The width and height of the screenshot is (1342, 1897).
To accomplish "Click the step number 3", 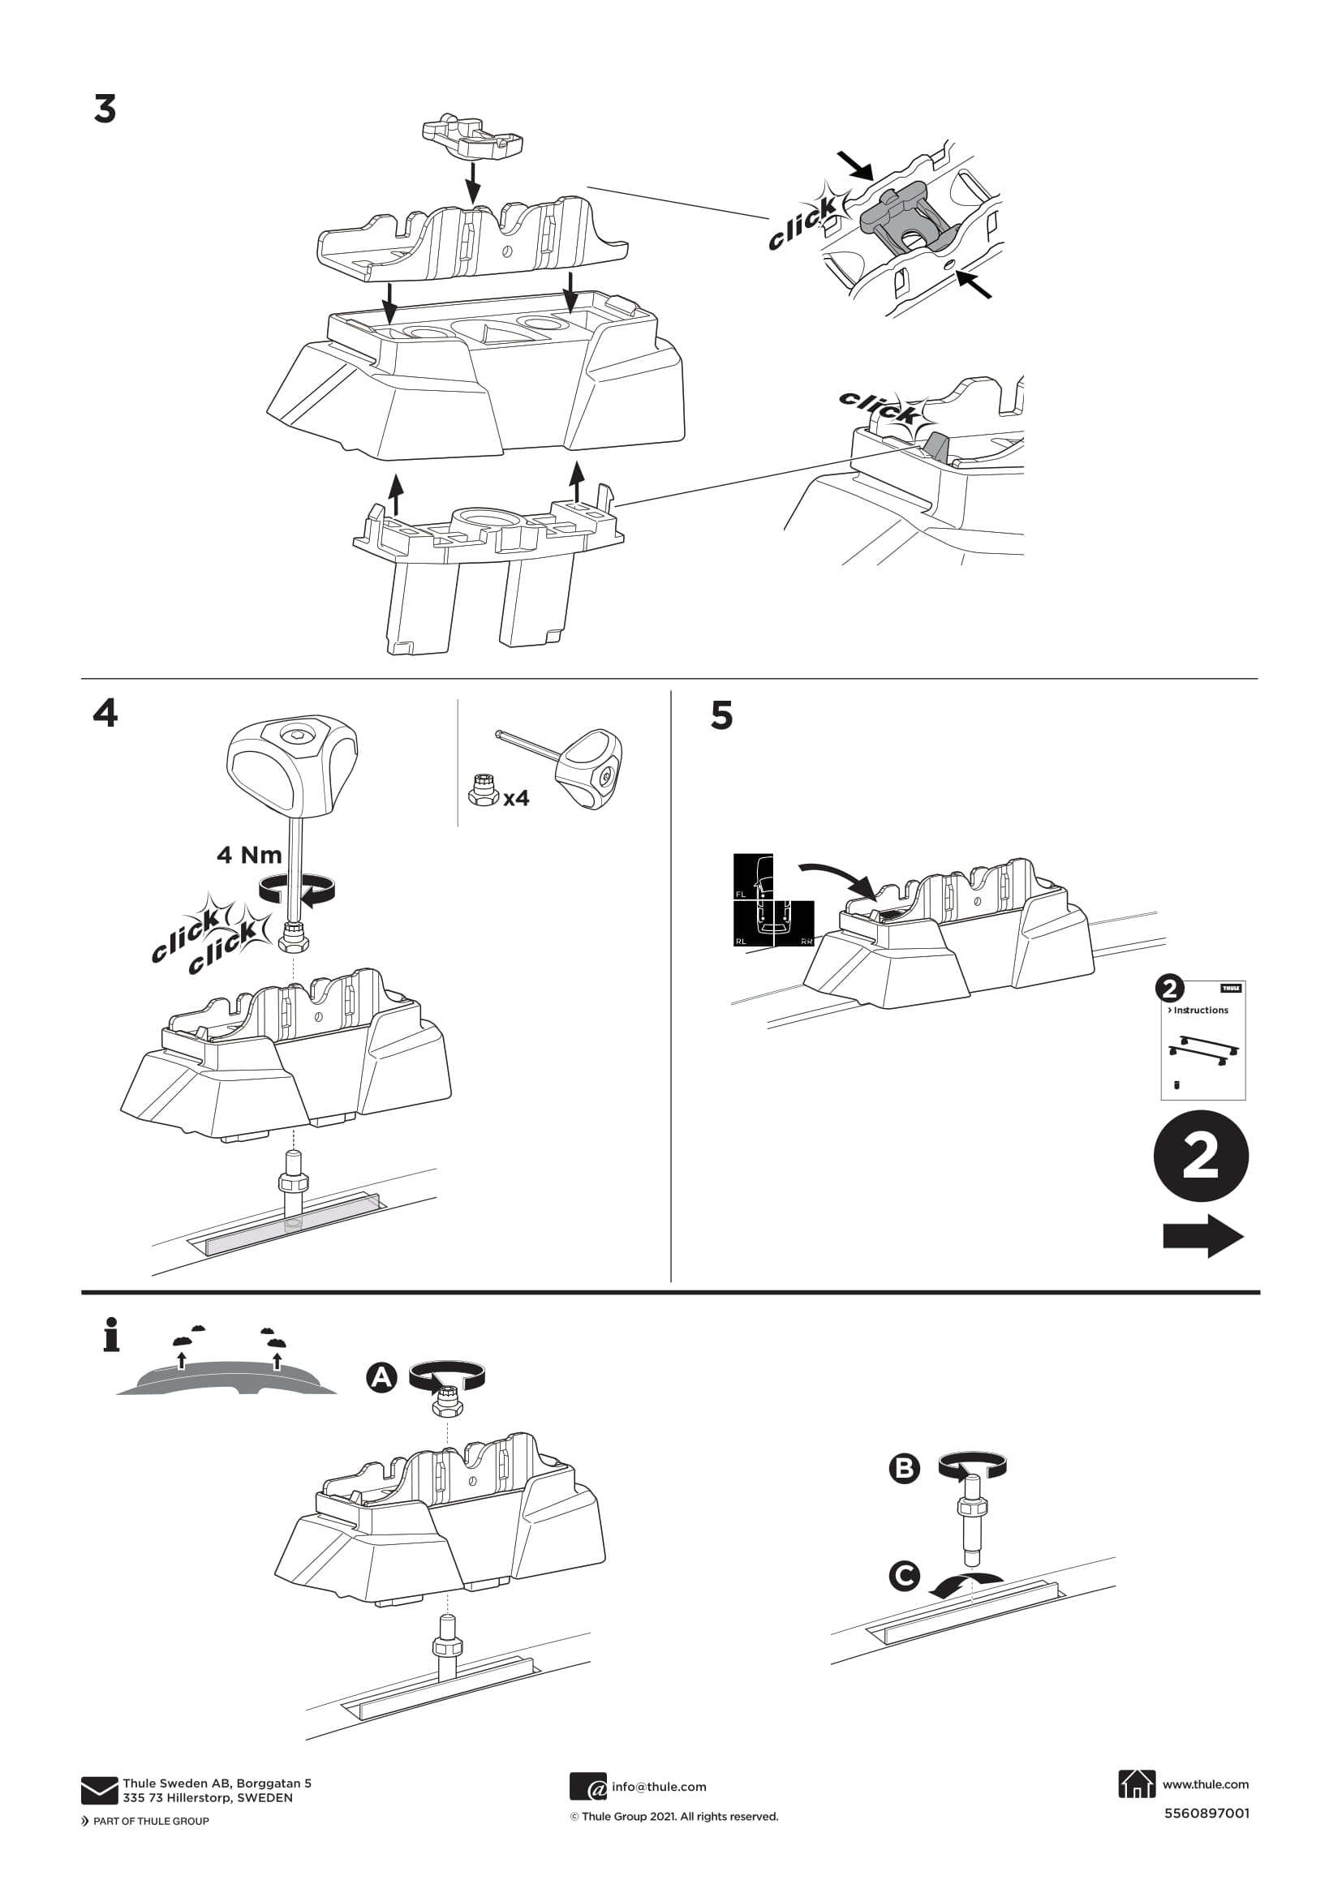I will (105, 109).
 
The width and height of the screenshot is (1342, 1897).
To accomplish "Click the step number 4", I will (105, 712).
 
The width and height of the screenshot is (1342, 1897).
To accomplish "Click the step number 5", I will (721, 715).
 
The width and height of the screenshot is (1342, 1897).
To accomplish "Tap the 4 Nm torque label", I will (249, 855).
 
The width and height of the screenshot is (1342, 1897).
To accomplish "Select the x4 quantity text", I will (516, 798).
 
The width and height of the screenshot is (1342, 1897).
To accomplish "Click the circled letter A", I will (381, 1377).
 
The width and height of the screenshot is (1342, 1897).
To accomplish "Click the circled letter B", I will (904, 1468).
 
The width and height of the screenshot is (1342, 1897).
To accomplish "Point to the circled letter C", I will (904, 1576).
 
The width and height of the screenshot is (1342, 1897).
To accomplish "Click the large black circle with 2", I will (1200, 1156).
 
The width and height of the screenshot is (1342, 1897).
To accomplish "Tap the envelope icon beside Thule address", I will (99, 1790).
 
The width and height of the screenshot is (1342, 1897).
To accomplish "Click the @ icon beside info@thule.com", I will (587, 1786).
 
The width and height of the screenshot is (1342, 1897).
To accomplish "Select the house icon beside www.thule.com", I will (1136, 1783).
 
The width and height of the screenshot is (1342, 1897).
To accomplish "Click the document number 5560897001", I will (1207, 1813).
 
